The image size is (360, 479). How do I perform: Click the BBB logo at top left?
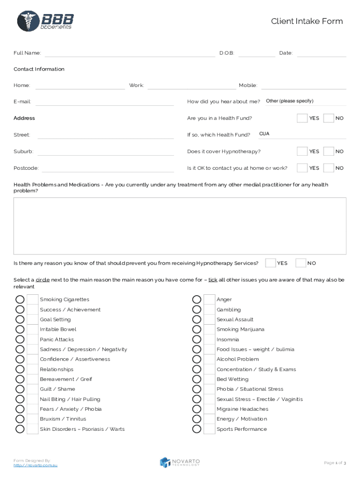tap(45, 21)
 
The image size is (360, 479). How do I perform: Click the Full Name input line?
tap(130, 54)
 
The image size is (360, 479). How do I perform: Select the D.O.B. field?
tap(257, 54)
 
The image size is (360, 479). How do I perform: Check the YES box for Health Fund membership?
tap(302, 118)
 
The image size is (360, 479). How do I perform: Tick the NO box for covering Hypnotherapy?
tap(329, 152)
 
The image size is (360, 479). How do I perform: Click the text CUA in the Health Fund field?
tap(264, 134)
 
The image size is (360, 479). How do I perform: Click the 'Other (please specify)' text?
tap(289, 101)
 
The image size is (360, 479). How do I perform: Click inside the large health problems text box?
tap(180, 226)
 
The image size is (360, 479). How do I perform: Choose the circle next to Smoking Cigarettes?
tap(20, 299)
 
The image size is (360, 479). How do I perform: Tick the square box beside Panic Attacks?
tap(33, 340)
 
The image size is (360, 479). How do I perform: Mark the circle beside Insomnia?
tap(197, 340)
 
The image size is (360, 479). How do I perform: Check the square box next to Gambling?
tap(209, 310)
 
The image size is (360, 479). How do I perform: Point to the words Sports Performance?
tap(241, 429)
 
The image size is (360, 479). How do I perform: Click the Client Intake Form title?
tap(307, 22)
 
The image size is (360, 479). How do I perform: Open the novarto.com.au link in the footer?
tap(36, 465)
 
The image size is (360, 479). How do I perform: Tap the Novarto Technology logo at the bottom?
tap(180, 462)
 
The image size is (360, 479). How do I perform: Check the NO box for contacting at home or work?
tap(329, 168)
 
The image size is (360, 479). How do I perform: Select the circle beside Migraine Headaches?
tap(197, 409)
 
